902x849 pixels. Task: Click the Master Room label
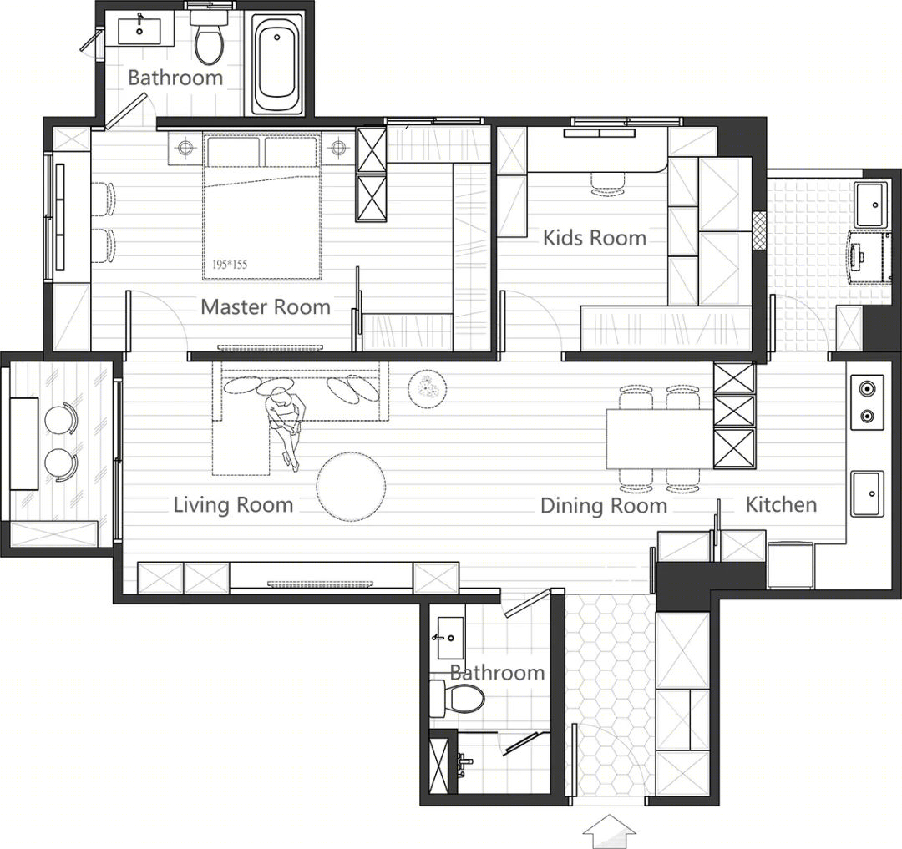[x=266, y=306]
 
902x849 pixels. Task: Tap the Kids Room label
[x=595, y=237]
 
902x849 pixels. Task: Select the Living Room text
[x=234, y=505]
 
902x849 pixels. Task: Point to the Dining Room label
[x=604, y=505]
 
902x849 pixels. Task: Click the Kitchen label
[x=781, y=504]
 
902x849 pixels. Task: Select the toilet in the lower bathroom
[x=458, y=699]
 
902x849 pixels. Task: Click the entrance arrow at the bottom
[x=610, y=831]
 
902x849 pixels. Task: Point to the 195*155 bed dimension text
[x=230, y=265]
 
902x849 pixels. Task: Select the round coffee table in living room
[x=352, y=487]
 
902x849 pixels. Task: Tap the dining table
[x=661, y=438]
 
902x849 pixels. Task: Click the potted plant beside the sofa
[x=426, y=389]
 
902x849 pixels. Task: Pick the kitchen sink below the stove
[x=868, y=493]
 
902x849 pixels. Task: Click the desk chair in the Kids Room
[x=609, y=184]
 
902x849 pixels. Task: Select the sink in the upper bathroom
[x=139, y=31]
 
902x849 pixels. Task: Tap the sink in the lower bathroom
[x=450, y=638]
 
